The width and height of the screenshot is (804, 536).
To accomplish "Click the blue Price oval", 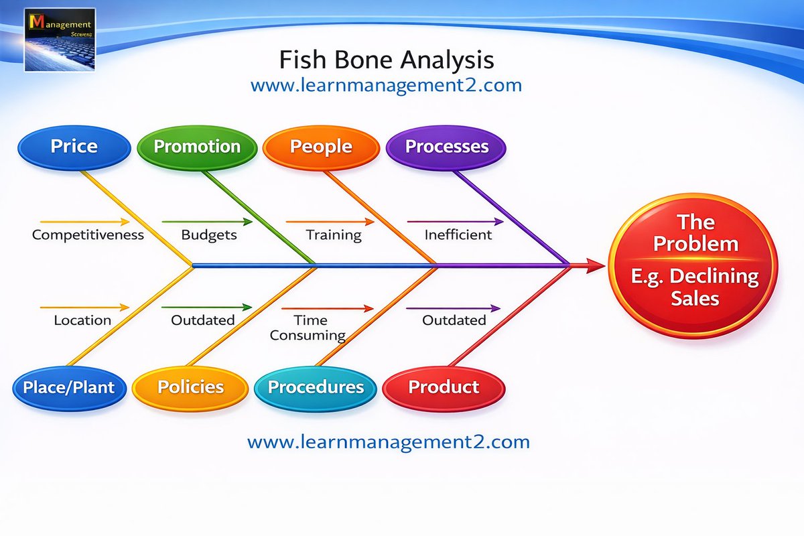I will pos(74,147).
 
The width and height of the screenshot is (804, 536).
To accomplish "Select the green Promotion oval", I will pos(197,147).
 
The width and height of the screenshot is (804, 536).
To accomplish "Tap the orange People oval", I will pos(321,147).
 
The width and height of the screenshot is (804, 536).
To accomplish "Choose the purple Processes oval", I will pos(446,147).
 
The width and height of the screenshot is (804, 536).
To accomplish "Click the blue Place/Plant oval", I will pos(69,387).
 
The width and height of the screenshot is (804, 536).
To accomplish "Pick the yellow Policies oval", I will pos(190,387).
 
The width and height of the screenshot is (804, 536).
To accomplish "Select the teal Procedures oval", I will pos(316,387).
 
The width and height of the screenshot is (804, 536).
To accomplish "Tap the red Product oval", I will pos(443,387).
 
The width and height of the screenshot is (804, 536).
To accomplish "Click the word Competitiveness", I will pos(88,235).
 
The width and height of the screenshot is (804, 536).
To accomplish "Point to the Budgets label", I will pos(209,235).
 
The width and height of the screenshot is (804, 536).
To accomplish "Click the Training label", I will pos(334,235).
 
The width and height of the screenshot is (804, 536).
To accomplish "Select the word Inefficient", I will pos(458,235).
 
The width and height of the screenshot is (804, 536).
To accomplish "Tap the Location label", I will pos(82,320).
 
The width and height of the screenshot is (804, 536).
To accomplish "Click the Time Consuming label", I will pos(308,328).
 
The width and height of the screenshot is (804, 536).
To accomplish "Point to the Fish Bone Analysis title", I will pos(386,60).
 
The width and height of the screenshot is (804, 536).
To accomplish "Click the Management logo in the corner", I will pos(60,40).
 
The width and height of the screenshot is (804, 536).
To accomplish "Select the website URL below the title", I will pos(386,86).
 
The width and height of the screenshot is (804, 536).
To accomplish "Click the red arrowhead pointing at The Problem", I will pos(596,266).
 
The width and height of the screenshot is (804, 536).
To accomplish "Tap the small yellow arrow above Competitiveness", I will pos(84,221).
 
